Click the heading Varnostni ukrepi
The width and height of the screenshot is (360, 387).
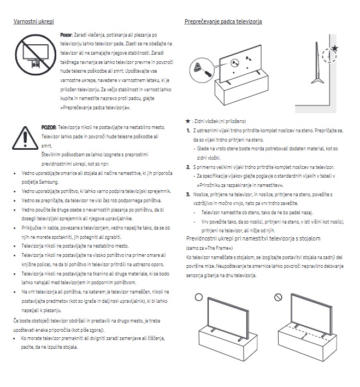(x=33, y=21)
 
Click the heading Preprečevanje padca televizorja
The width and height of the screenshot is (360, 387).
(x=223, y=21)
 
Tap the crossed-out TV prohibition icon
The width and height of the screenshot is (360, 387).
(x=36, y=55)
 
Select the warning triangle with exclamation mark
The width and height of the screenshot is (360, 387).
(x=25, y=138)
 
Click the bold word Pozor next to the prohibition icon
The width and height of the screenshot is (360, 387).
(x=66, y=35)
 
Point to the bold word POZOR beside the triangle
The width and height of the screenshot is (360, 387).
(x=49, y=127)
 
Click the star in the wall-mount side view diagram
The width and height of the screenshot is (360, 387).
(x=334, y=48)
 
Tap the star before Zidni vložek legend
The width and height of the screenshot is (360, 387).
(x=188, y=121)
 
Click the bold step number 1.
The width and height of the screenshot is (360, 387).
(x=188, y=131)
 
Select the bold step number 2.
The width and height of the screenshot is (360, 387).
(x=188, y=167)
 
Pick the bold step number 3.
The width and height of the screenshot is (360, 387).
(x=188, y=195)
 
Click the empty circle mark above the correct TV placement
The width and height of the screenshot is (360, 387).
(x=199, y=297)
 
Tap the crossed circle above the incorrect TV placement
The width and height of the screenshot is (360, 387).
(x=278, y=297)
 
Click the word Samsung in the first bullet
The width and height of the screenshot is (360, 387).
(x=49, y=182)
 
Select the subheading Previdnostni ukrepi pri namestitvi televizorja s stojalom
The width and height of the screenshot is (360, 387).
(x=253, y=239)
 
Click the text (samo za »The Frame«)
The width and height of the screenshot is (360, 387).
(x=209, y=248)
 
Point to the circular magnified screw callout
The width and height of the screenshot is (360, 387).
(x=202, y=70)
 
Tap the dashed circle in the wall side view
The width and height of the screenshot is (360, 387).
(x=329, y=56)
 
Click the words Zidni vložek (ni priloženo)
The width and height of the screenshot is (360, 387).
(x=220, y=121)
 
